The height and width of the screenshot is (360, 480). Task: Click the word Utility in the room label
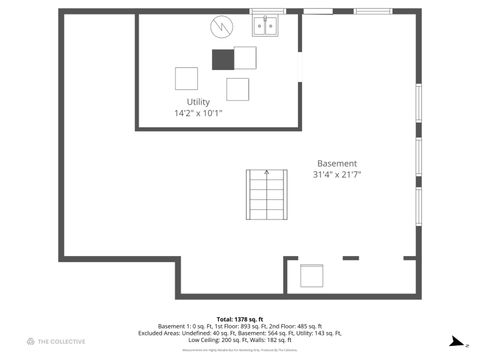pyautogui.click(x=198, y=102)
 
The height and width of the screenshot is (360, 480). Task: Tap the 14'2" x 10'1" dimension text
pyautogui.click(x=198, y=113)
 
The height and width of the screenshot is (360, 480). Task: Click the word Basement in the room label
pyautogui.click(x=337, y=163)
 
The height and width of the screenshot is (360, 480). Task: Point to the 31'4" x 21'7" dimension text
pyautogui.click(x=337, y=174)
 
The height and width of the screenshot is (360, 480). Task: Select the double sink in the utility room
pyautogui.click(x=264, y=27)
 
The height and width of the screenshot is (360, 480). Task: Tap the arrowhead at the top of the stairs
pyautogui.click(x=266, y=171)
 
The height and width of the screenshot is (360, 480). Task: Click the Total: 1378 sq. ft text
pyautogui.click(x=240, y=318)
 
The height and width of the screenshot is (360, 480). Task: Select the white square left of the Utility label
pyautogui.click(x=186, y=78)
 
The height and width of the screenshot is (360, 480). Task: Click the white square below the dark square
pyautogui.click(x=237, y=89)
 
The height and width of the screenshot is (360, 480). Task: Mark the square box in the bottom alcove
pyautogui.click(x=312, y=276)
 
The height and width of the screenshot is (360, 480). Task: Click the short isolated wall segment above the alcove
pyautogui.click(x=351, y=258)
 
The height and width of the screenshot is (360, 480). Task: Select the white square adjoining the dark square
pyautogui.click(x=244, y=58)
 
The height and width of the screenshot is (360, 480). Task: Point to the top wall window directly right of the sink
pyautogui.click(x=318, y=11)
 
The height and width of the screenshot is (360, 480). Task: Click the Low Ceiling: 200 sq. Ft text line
pyautogui.click(x=240, y=340)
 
